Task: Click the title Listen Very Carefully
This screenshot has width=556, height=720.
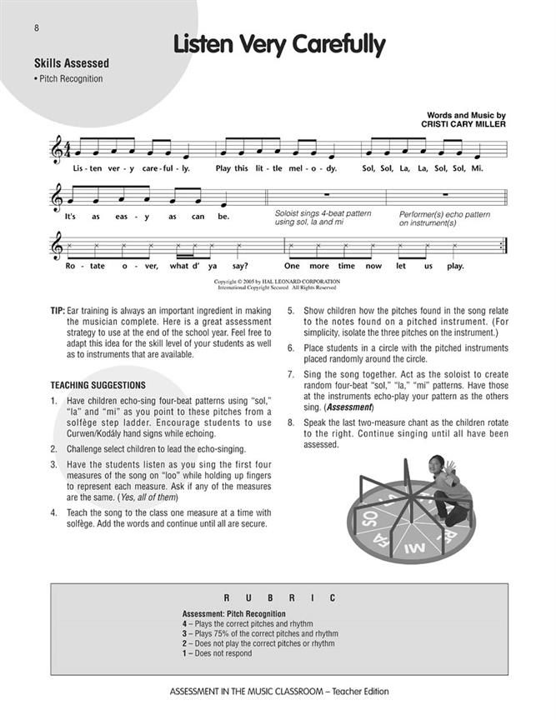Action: point(278,45)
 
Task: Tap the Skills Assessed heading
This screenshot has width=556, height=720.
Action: point(72,63)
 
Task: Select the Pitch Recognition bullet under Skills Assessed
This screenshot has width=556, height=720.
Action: point(69,79)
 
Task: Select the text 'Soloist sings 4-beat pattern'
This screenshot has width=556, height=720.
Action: point(323,214)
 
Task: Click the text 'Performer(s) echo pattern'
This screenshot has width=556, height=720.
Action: point(443,214)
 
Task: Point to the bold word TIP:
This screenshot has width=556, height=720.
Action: point(58,311)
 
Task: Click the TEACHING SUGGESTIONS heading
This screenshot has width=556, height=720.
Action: point(98,385)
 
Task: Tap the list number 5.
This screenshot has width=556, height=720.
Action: point(291,311)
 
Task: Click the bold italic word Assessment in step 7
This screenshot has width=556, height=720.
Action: point(348,407)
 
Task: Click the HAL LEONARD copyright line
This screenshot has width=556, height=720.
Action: point(278,282)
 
